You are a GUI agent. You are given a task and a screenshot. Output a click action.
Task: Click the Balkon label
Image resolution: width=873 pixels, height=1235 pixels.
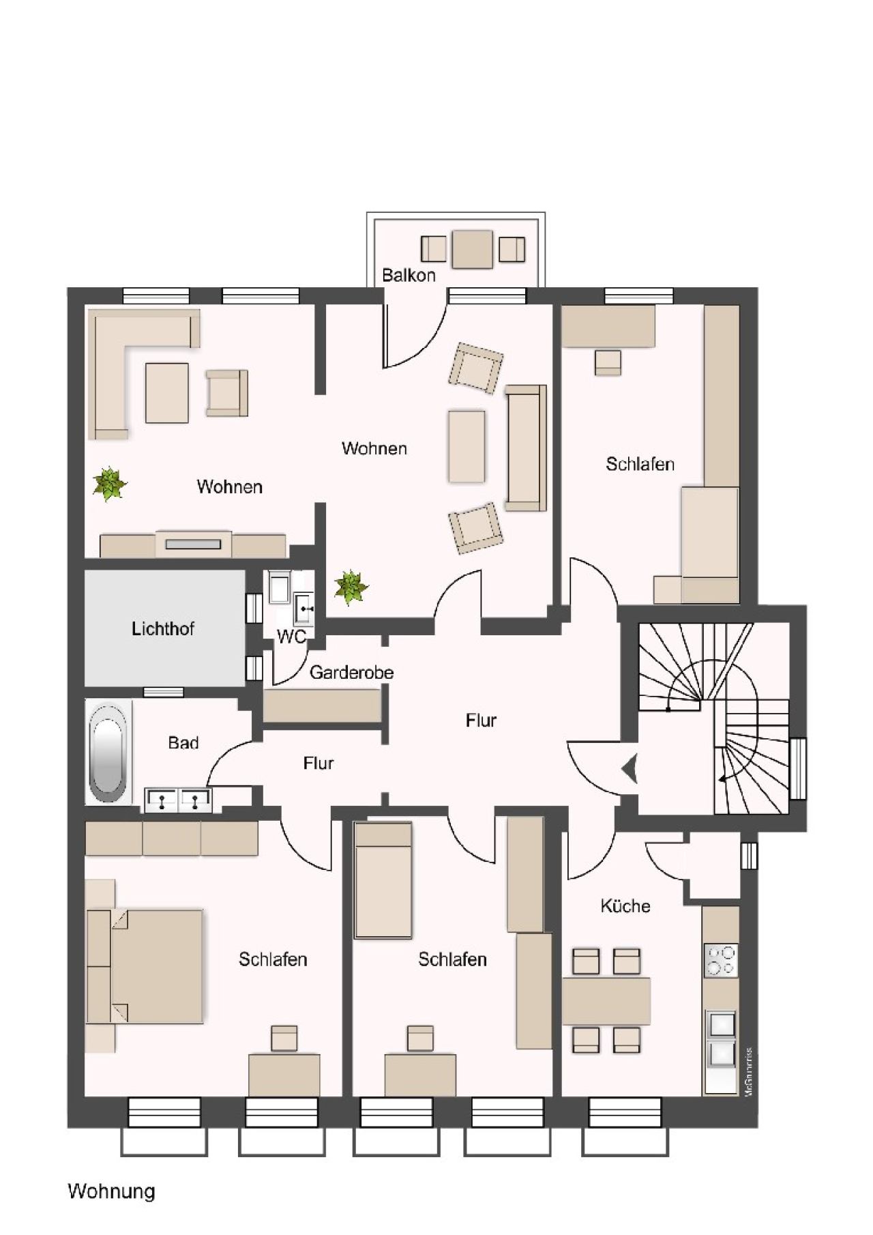tap(409, 276)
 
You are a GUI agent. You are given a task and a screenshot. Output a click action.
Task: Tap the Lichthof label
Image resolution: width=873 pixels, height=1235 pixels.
tap(162, 629)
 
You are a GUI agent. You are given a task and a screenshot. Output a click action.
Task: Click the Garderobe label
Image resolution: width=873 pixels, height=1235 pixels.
tap(351, 673)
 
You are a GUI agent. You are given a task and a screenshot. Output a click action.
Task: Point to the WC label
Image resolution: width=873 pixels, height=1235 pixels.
tap(291, 637)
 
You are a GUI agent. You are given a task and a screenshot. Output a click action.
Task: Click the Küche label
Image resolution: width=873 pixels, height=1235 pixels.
tap(625, 906)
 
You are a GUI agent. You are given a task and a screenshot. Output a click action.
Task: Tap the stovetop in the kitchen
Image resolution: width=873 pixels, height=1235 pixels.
tap(720, 960)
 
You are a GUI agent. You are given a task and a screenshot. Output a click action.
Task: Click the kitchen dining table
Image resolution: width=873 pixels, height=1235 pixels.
tap(606, 1001)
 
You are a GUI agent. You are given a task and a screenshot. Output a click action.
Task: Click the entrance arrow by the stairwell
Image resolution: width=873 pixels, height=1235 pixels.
tap(629, 769)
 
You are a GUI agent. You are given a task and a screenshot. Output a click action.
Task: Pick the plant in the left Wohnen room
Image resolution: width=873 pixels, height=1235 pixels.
tap(109, 484)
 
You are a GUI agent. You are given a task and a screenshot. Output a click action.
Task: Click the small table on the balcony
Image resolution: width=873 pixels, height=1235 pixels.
tap(472, 249)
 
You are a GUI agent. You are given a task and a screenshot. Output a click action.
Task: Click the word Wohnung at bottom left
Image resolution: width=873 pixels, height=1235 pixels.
tap(111, 1191)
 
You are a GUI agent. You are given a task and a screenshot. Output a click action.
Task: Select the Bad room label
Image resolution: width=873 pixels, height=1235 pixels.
tap(183, 742)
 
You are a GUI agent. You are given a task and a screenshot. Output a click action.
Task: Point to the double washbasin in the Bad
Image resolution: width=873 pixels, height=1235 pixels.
tap(177, 799)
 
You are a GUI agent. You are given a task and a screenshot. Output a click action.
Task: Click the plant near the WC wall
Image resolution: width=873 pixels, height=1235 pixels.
tap(351, 587)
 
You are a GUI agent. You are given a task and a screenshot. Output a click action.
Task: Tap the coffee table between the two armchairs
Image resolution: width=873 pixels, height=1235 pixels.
tap(467, 446)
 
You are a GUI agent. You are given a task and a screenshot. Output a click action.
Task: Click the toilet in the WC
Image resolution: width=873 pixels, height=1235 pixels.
tap(278, 587)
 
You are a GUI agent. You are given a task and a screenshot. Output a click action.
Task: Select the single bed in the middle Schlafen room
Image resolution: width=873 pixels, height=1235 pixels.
tap(383, 880)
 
